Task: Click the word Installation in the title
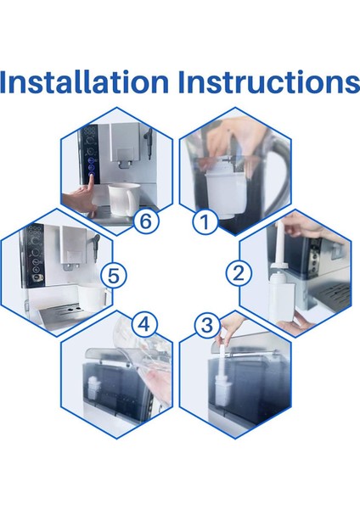pyautogui.click(x=84, y=81)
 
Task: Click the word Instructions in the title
pyautogui.click(x=268, y=81)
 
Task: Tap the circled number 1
pyautogui.click(x=205, y=222)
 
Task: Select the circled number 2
pyautogui.click(x=239, y=273)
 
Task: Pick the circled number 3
pyautogui.click(x=207, y=325)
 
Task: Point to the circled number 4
pyautogui.click(x=144, y=324)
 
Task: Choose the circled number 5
pyautogui.click(x=114, y=276)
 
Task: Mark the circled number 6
pyautogui.click(x=145, y=221)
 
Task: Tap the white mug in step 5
pyautogui.click(x=93, y=296)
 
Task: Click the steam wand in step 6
pyautogui.click(x=149, y=142)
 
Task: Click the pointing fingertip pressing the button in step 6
pyautogui.click(x=92, y=177)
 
